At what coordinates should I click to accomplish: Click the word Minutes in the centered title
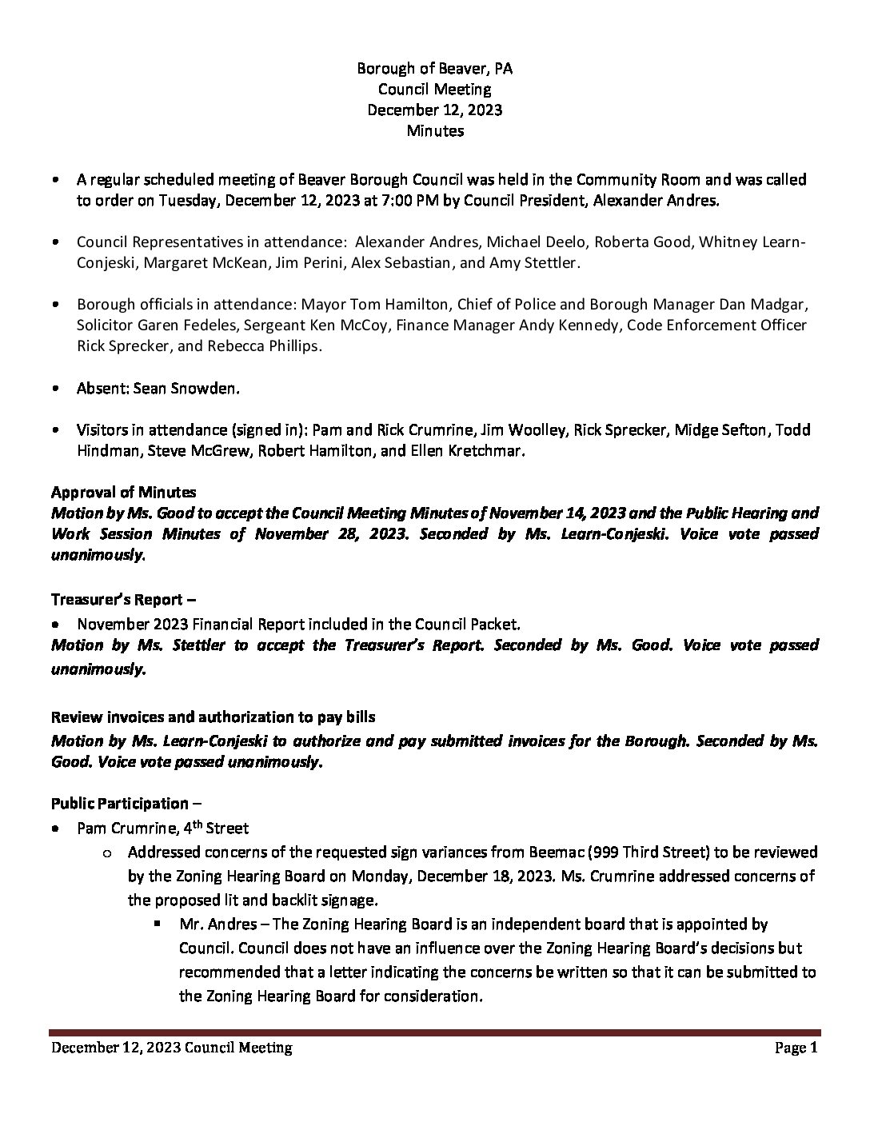coord(434,131)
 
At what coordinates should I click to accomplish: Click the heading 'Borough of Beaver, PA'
coord(434,69)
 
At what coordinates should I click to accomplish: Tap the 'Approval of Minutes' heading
coord(123,492)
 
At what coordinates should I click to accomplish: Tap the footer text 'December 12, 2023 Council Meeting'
coord(172,1048)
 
